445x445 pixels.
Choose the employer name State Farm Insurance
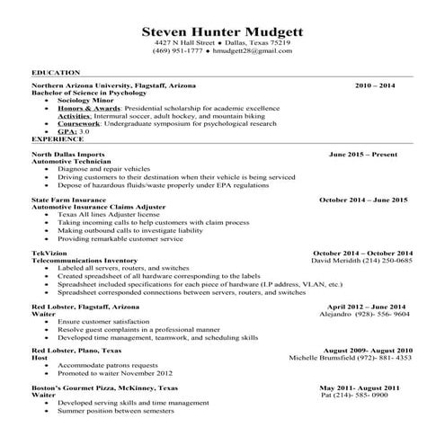(70, 199)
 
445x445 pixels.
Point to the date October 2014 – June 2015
(363, 199)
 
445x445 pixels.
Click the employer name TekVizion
(49, 253)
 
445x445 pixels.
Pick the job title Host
(40, 358)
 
